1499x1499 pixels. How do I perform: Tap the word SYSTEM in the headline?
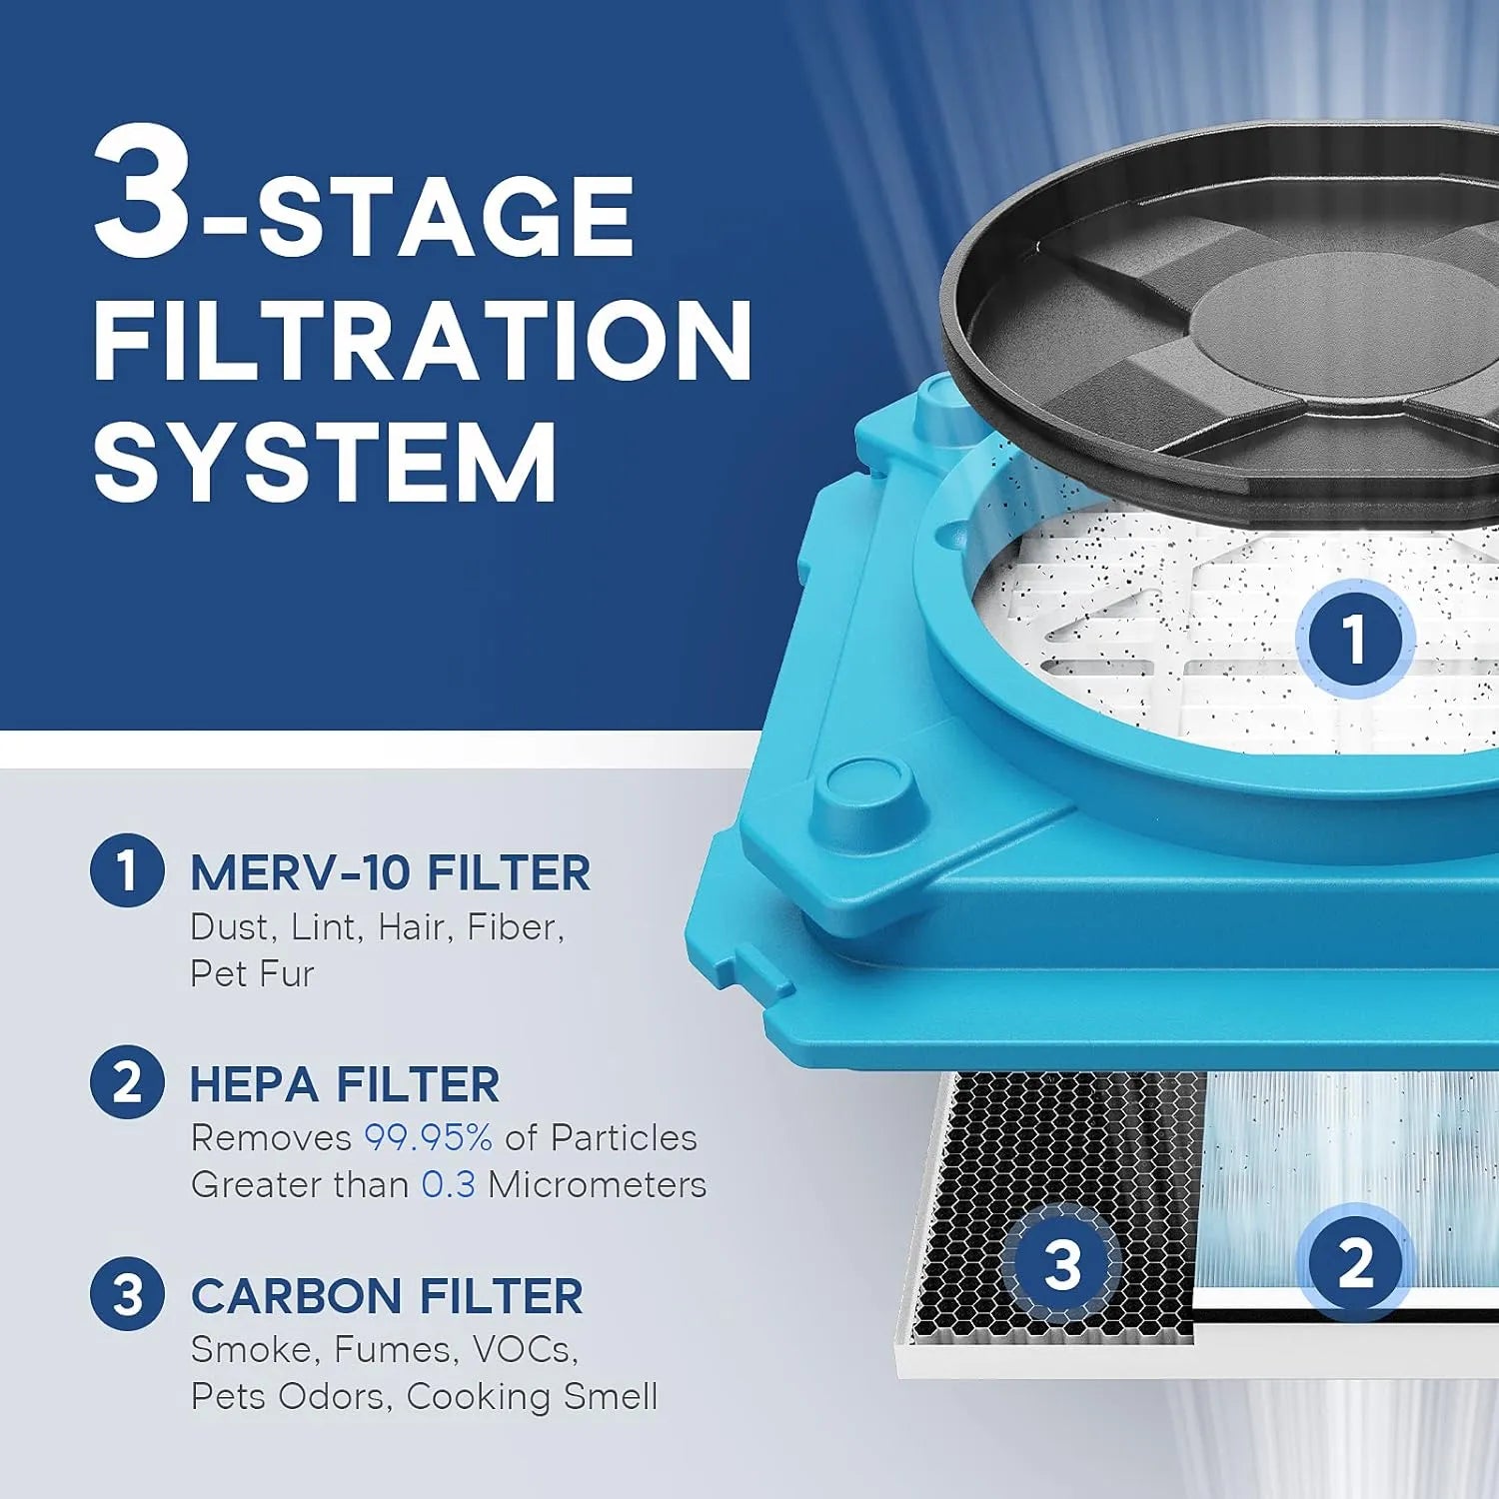coord(325,462)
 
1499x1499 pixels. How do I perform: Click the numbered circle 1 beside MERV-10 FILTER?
coord(127,870)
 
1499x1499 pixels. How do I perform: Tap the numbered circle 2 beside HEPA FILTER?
coord(127,1082)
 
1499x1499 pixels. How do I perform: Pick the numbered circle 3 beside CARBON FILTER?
coord(127,1294)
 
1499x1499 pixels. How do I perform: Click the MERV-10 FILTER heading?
coord(390,872)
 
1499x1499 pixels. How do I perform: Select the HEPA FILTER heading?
coord(345,1084)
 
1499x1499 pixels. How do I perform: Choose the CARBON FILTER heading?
coord(387,1296)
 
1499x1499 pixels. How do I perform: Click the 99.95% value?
coord(428,1137)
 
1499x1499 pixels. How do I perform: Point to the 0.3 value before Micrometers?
coord(448,1184)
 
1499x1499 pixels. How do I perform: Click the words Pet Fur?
coord(252,973)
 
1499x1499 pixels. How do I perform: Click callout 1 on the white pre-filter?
coord(1354,638)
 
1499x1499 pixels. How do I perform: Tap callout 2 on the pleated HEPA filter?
coord(1354,1263)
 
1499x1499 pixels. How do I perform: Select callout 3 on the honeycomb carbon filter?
coord(1062,1263)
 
